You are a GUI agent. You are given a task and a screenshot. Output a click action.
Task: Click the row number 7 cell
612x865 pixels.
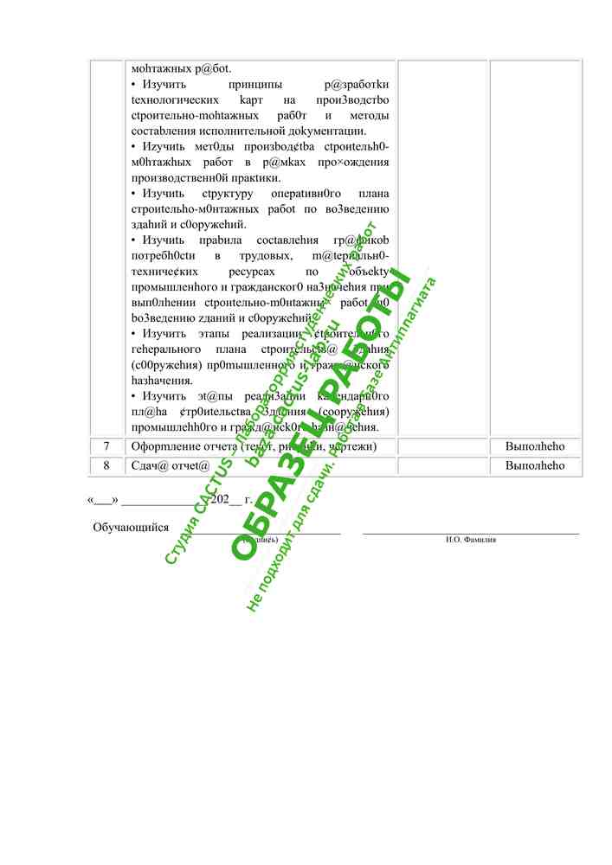tap(106, 446)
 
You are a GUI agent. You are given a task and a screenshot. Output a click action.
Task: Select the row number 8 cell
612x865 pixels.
tap(106, 465)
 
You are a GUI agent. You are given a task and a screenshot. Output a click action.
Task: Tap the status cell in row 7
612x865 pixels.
tap(535, 446)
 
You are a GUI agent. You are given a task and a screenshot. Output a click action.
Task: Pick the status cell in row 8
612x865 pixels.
tap(535, 465)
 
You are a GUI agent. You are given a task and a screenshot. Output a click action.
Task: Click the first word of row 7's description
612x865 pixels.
tap(159, 446)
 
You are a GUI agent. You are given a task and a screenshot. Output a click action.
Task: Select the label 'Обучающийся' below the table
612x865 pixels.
tap(131, 528)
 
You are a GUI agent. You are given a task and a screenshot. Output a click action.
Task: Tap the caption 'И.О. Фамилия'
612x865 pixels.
tap(471, 540)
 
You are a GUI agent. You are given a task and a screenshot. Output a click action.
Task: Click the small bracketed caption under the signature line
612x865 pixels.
tap(260, 540)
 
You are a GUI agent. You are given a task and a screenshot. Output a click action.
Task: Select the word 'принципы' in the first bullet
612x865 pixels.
tap(255, 85)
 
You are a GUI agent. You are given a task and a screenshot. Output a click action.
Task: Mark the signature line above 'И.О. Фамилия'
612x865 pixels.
tap(470, 535)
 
